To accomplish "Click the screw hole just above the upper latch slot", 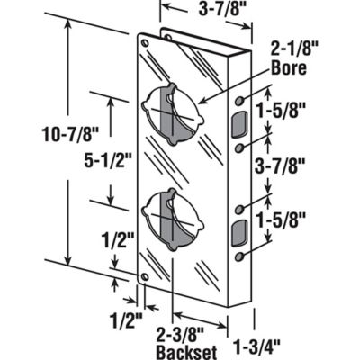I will pyautogui.click(x=239, y=101).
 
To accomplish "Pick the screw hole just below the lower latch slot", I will pyautogui.click(x=239, y=256).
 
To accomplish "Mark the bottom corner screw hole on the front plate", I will pyautogui.click(x=145, y=277).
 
